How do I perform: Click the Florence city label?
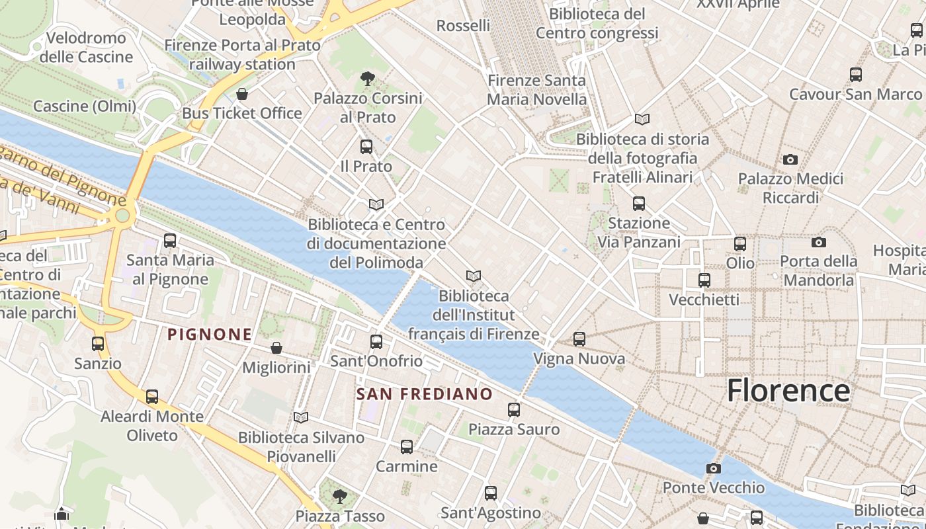(788, 391)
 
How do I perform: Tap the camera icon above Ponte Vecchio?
(713, 469)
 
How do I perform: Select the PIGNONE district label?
(210, 335)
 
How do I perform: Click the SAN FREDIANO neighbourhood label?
(425, 395)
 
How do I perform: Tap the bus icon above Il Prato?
(366, 147)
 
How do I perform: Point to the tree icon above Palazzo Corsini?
(368, 79)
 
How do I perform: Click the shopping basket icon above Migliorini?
(276, 348)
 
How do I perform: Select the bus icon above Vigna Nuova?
(579, 339)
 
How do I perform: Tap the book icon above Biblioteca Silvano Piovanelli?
(301, 417)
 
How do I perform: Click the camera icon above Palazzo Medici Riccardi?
(790, 159)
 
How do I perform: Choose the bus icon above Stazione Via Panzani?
(638, 204)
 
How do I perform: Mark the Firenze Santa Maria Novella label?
(536, 90)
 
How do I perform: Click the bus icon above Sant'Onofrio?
(376, 342)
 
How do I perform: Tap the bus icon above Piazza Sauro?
(514, 410)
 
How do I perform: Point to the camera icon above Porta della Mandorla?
(818, 242)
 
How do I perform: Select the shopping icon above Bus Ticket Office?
(242, 94)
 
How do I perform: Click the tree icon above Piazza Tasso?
(340, 496)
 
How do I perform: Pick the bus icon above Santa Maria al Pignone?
(170, 241)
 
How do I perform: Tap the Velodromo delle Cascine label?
(86, 48)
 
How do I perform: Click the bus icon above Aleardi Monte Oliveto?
(152, 397)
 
